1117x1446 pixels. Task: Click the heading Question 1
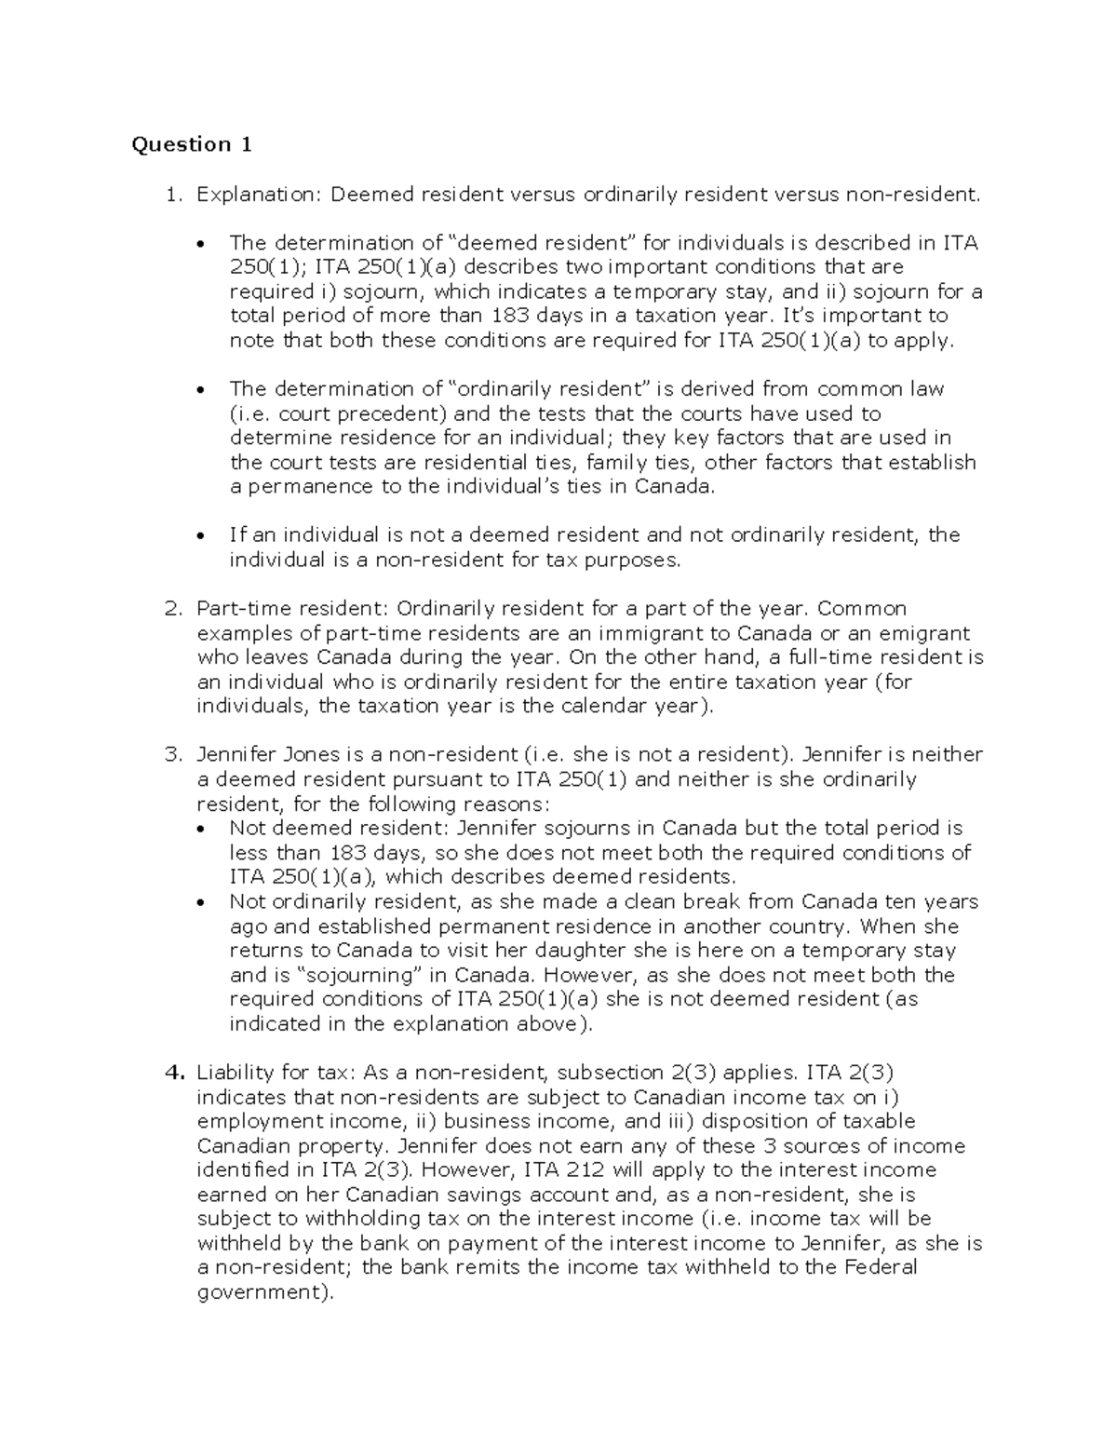coord(192,144)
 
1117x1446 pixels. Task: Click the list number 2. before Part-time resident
coord(172,609)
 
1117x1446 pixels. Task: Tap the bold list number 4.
coord(172,1073)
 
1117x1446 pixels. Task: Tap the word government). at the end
coord(264,1292)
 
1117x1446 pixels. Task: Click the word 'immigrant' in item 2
coord(665,633)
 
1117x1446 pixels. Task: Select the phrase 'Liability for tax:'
coord(276,1073)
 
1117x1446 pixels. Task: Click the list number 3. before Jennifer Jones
coord(172,755)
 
